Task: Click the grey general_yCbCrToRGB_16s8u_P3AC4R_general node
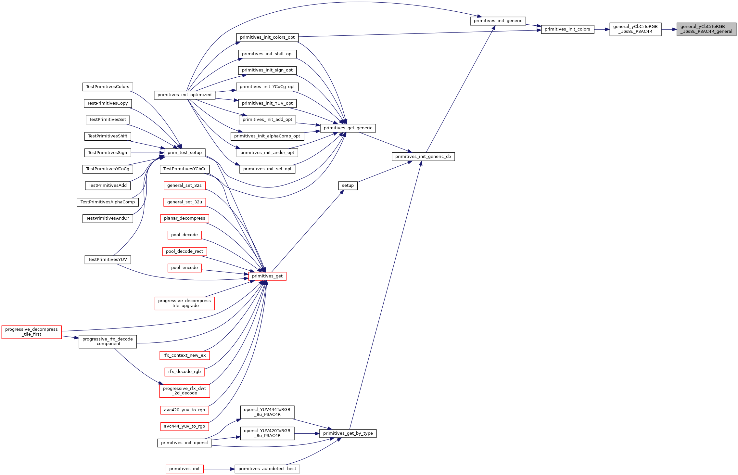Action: pyautogui.click(x=706, y=29)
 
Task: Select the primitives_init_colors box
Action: pyautogui.click(x=567, y=29)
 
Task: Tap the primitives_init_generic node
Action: pyautogui.click(x=498, y=21)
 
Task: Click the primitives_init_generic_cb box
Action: pyautogui.click(x=423, y=157)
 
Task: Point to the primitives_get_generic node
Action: pyautogui.click(x=348, y=128)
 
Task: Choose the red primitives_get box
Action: pyautogui.click(x=267, y=276)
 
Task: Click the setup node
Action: pyautogui.click(x=348, y=186)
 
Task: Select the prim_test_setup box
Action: pyautogui.click(x=184, y=153)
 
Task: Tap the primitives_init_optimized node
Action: pyautogui.click(x=184, y=95)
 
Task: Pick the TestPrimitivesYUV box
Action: pyautogui.click(x=108, y=260)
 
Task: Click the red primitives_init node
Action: pyautogui.click(x=184, y=469)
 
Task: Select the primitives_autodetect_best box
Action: pyautogui.click(x=267, y=469)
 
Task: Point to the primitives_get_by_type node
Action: pyautogui.click(x=348, y=433)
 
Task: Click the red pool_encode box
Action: pyautogui.click(x=184, y=268)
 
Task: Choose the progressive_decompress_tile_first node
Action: pyautogui.click(x=32, y=332)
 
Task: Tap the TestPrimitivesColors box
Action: pyautogui.click(x=108, y=87)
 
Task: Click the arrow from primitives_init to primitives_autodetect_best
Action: pyautogui.click(x=219, y=469)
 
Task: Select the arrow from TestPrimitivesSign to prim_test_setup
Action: pyautogui.click(x=148, y=153)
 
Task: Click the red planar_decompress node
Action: pyautogui.click(x=184, y=218)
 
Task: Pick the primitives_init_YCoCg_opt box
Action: pyautogui.click(x=267, y=87)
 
